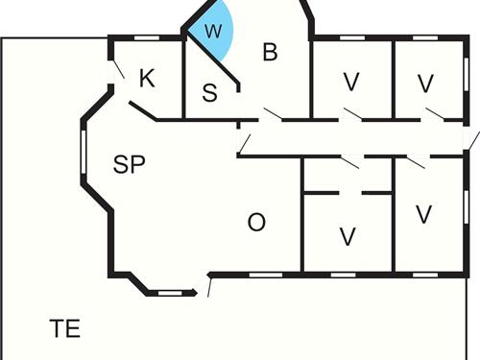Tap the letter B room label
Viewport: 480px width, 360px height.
[x=270, y=53]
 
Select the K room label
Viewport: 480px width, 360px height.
[x=147, y=79]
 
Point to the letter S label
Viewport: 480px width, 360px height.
[x=210, y=93]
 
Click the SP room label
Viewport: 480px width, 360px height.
[x=129, y=164]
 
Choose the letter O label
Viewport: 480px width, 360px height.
[x=256, y=223]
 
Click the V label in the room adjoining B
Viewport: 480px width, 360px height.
[x=350, y=83]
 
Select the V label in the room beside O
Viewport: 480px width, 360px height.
[x=348, y=235]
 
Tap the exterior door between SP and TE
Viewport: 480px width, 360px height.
[x=208, y=285]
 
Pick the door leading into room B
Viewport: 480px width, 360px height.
[x=271, y=115]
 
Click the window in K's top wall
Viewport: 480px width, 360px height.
[x=146, y=36]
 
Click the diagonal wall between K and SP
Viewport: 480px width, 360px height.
[x=142, y=111]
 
